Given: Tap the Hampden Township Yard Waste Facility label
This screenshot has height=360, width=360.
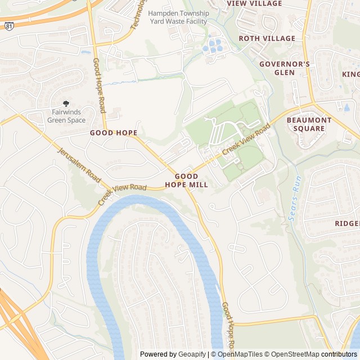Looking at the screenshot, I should click(178, 17).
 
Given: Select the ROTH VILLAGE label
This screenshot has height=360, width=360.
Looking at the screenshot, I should click(267, 38).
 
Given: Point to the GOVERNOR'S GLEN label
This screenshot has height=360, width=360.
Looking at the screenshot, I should click(284, 68).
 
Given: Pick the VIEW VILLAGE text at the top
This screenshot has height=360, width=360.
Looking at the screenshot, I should click(254, 4).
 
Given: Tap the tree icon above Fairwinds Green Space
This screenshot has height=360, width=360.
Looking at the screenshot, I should click(66, 103).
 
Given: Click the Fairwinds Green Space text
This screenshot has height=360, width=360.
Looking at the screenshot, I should click(66, 116).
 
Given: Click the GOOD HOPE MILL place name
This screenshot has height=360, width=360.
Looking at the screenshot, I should click(187, 180).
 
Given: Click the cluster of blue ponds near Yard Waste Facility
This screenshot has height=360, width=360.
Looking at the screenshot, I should click(214, 44).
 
